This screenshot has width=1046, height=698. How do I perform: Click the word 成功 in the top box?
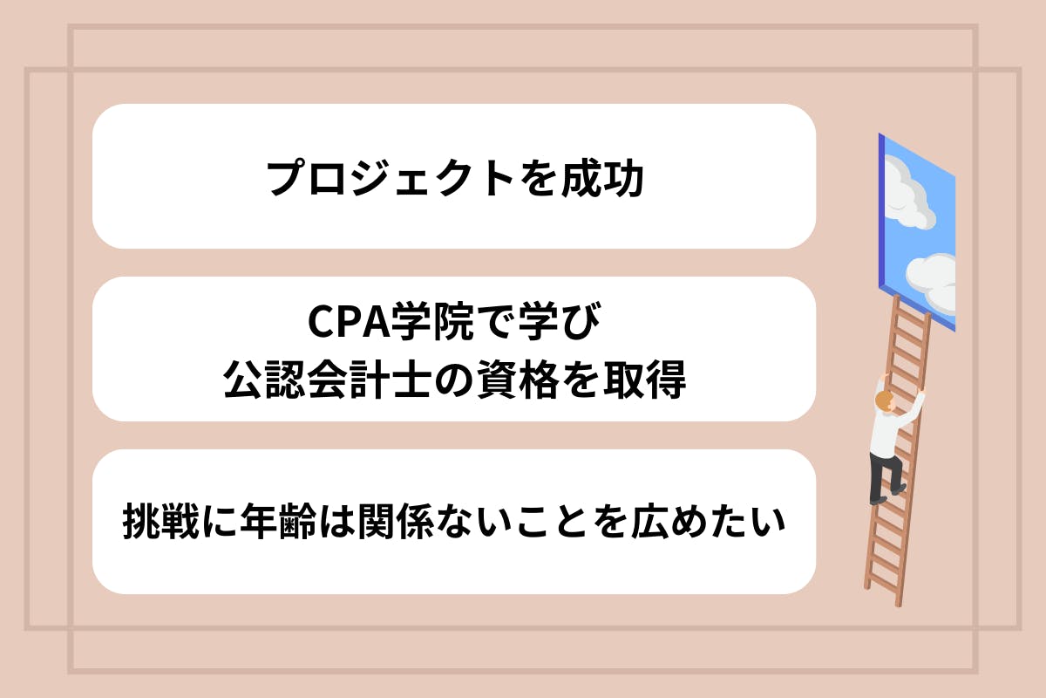[x=603, y=178]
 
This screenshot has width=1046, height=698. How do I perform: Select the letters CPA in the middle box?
[x=349, y=321]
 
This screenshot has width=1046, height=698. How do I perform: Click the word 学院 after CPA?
[x=432, y=321]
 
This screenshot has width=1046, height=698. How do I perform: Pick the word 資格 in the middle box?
[x=519, y=380]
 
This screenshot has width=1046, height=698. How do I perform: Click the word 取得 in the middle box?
[x=645, y=380]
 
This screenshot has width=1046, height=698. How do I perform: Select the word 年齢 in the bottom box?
[x=279, y=521]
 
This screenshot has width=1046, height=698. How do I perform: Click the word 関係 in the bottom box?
[x=397, y=521]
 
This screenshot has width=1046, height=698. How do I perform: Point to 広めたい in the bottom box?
[x=709, y=521]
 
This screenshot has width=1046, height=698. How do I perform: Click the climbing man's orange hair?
[x=884, y=400]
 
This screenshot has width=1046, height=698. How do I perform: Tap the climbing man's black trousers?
[x=885, y=477]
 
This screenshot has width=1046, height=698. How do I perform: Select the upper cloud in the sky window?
[x=906, y=194]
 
